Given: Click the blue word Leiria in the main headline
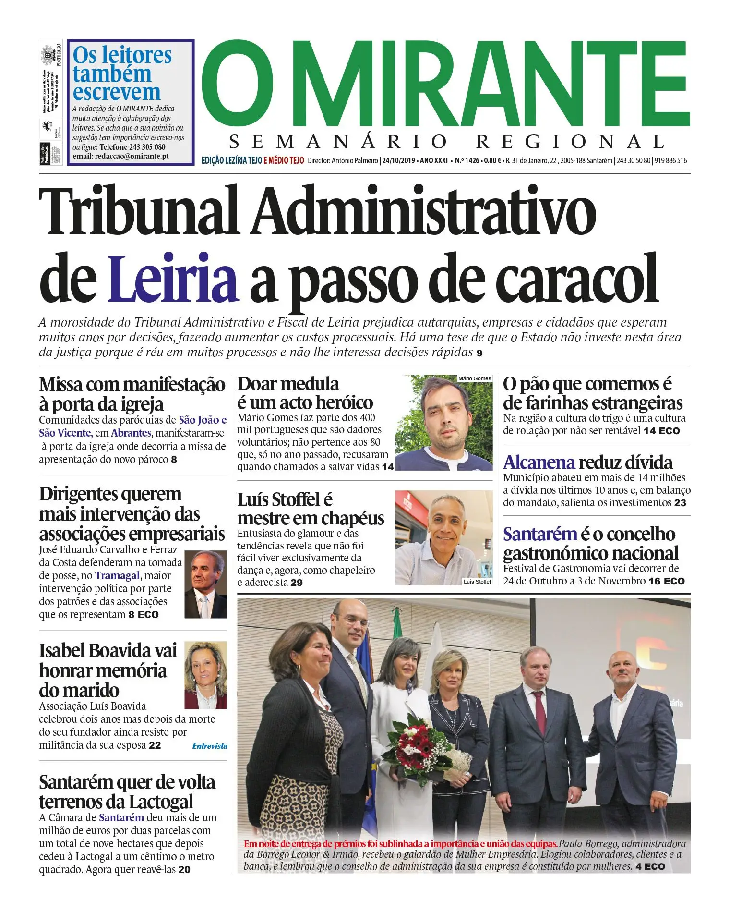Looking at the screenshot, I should [173, 279].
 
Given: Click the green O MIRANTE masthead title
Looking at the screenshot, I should [446, 84].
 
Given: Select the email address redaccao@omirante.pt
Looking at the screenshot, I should [132, 157].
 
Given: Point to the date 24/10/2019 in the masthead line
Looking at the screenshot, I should [399, 160].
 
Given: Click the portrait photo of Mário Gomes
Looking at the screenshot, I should [444, 423].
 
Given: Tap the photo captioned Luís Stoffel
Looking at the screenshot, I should [444, 537].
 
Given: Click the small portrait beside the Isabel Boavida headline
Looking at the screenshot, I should [205, 675].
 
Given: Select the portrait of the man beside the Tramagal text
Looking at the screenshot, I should [205, 584].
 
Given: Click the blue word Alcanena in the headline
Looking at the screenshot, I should [539, 463].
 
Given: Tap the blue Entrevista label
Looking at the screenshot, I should [210, 746].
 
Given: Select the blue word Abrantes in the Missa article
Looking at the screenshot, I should [131, 433].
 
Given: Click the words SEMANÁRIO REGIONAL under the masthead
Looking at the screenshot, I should [446, 142].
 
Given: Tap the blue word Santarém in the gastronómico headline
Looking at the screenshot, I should [539, 534].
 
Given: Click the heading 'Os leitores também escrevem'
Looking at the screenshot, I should [122, 73].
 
